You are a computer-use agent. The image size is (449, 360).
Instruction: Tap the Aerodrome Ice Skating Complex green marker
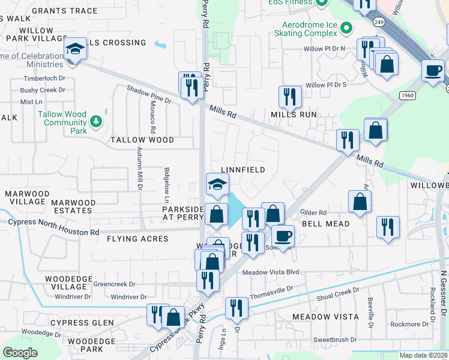(346, 28)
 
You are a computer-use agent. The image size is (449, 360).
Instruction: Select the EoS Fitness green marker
(322, 2)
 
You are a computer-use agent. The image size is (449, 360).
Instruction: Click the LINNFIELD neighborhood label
(243, 170)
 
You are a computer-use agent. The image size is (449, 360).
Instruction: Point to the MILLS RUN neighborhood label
(294, 114)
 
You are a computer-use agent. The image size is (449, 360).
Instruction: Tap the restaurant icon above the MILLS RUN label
(289, 96)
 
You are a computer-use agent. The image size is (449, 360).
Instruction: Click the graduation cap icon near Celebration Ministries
(76, 48)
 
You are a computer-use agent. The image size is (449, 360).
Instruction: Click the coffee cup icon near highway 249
(433, 70)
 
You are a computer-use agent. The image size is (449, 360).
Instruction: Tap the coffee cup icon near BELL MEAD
(283, 235)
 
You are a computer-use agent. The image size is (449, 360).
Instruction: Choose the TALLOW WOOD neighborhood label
(142, 140)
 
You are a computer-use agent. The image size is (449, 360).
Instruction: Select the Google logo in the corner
(20, 353)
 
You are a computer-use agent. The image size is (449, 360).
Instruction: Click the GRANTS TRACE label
(64, 11)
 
